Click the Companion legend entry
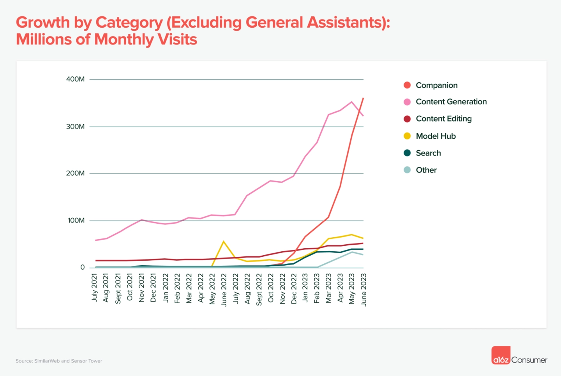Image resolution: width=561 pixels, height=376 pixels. [436, 85]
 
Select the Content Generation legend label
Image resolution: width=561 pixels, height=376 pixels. [451, 102]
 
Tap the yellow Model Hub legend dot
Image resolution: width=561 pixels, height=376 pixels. [407, 136]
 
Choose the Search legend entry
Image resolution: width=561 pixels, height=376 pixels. [428, 153]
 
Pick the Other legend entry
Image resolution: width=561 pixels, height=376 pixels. [426, 170]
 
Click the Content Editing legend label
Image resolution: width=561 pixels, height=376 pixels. [444, 119]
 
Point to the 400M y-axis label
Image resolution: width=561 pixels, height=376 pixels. [75, 79]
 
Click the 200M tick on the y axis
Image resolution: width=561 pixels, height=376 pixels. [75, 173]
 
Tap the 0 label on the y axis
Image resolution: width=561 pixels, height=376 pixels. [83, 267]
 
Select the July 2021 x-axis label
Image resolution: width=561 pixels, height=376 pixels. [95, 288]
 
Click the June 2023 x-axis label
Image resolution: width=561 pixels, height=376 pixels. [363, 290]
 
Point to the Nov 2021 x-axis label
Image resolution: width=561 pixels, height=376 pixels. [141, 288]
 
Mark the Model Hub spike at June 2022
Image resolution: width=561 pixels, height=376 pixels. [223, 242]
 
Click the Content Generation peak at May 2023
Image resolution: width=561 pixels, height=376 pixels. [352, 102]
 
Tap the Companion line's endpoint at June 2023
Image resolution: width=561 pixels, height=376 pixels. [363, 98]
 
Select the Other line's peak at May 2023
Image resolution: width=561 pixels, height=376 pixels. [352, 252]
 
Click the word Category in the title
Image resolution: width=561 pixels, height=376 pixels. [129, 23]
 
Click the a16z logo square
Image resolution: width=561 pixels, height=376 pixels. [501, 355]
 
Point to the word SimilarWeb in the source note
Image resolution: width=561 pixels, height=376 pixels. [47, 361]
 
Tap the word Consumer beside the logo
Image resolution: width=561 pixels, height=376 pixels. [529, 360]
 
